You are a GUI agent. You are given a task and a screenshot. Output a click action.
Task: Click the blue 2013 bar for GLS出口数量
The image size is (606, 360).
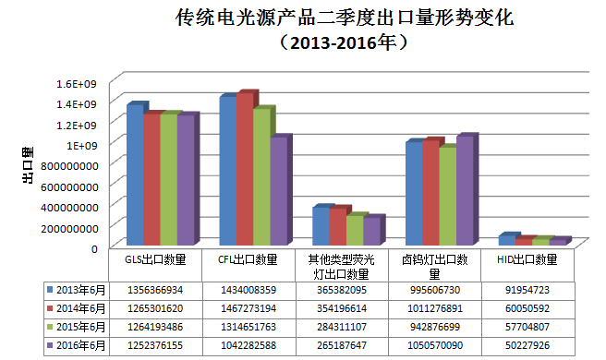135,175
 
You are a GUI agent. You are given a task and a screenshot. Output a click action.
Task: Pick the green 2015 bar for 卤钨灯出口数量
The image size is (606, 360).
447,196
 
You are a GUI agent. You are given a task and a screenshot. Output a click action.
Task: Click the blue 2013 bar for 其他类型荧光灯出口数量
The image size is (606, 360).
319,226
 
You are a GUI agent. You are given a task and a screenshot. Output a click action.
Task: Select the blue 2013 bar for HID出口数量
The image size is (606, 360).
504,240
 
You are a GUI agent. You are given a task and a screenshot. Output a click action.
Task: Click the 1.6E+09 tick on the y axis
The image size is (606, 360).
77,84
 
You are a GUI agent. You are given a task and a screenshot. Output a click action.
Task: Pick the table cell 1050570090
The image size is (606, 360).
434,345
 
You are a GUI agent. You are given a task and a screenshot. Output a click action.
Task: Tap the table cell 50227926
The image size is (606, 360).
525,345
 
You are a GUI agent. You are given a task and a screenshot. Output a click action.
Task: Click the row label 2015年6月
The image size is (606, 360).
79,328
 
